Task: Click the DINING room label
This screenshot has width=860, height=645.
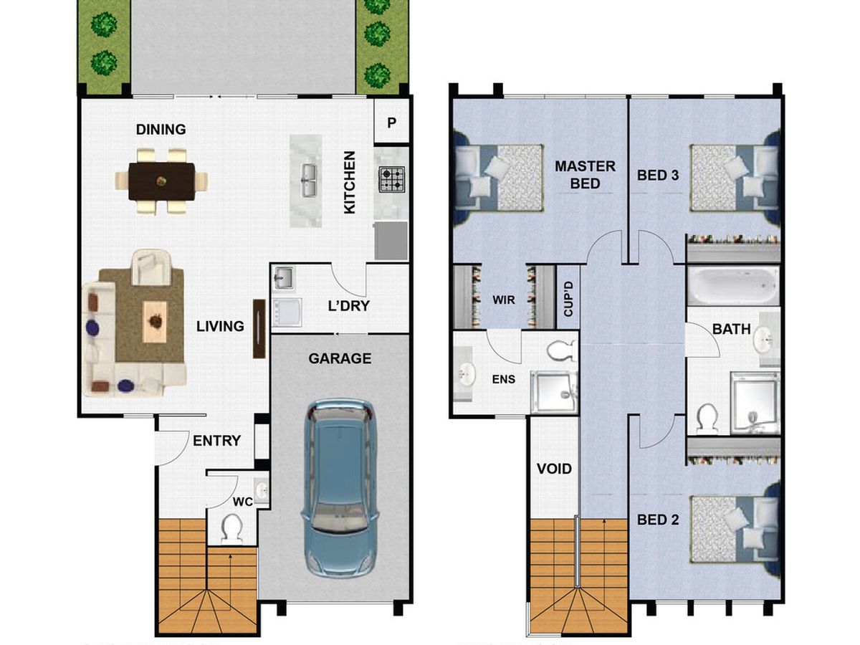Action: click(161, 129)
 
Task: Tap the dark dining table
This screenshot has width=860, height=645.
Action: click(161, 181)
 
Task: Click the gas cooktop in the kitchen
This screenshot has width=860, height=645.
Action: click(391, 179)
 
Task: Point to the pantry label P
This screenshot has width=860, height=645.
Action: click(391, 123)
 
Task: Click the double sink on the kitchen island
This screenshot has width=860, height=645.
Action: click(309, 180)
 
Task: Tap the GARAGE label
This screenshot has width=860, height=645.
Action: click(340, 358)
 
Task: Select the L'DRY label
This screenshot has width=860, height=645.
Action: click(348, 306)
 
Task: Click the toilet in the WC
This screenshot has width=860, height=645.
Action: click(232, 529)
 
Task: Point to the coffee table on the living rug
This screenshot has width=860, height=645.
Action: click(155, 322)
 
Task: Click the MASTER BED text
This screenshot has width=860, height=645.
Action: click(585, 175)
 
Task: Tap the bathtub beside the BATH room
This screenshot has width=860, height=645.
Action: click(733, 286)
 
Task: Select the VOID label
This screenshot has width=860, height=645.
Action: click(554, 469)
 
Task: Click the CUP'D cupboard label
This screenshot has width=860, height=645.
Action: click(568, 299)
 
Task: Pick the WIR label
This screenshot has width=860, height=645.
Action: click(504, 300)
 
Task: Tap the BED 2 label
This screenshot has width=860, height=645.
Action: click(658, 520)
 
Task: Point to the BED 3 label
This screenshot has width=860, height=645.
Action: click(658, 175)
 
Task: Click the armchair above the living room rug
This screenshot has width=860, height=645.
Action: click(150, 267)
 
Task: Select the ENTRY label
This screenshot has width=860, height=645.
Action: click(216, 441)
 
